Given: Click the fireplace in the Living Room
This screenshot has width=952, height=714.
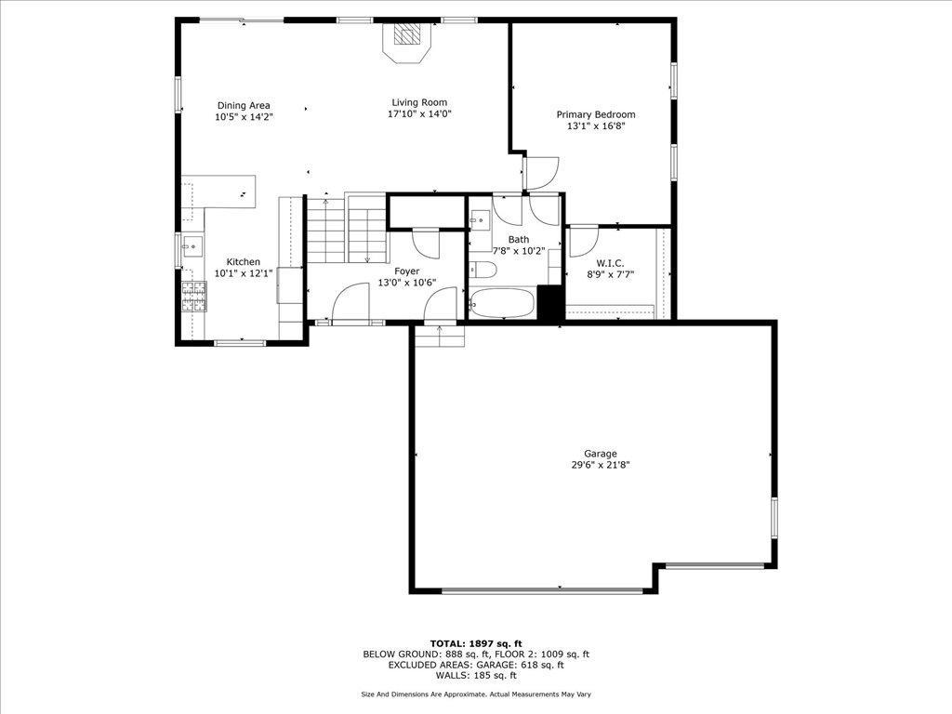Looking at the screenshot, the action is tap(406, 40).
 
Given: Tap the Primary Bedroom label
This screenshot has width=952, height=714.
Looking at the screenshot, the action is tap(596, 114).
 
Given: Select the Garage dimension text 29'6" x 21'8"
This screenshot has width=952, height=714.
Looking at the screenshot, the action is tap(601, 465).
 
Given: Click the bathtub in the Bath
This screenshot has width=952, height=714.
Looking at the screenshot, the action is tap(502, 302).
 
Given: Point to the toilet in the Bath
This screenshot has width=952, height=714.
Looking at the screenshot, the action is tap(483, 269).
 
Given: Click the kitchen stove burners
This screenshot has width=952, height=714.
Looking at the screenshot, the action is tap(193, 297).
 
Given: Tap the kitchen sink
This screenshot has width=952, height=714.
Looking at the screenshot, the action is tap(192, 245).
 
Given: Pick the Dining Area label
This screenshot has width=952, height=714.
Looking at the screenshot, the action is tap(244, 106).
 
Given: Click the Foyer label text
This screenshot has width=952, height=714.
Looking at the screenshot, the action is tap(407, 271).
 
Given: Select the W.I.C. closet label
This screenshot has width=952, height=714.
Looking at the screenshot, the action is tap(610, 263).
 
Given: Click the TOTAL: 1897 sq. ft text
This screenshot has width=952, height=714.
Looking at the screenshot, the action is tap(476, 643).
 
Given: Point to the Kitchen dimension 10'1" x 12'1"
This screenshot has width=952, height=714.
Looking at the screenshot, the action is tap(244, 273).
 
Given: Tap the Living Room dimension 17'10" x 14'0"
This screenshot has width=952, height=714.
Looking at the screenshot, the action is tap(419, 113).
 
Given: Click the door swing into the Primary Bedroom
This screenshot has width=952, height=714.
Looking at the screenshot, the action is tap(541, 173).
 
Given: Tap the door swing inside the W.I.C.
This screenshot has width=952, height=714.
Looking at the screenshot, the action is tap(583, 242).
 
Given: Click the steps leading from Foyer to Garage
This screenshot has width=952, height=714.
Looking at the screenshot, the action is tap(439, 336).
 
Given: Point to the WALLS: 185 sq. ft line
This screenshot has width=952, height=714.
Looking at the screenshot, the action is tap(476, 675).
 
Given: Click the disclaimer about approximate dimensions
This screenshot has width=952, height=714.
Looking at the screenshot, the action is tap(476, 694).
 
